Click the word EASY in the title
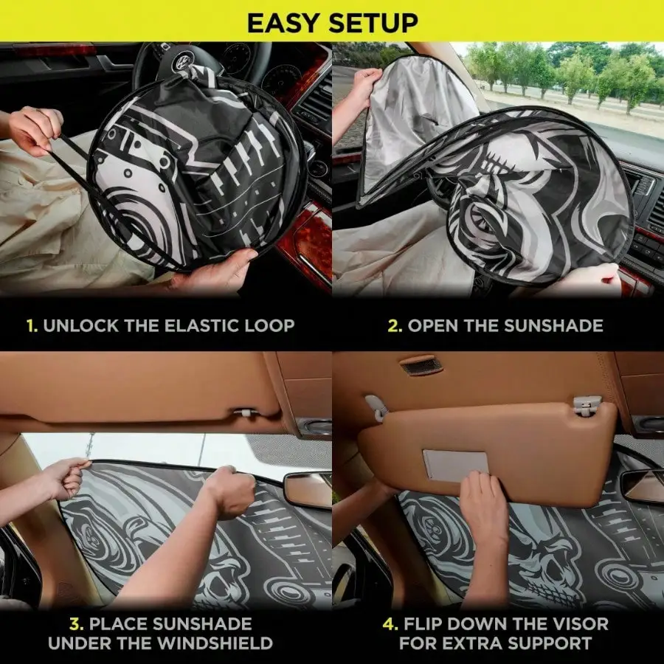click(284, 22)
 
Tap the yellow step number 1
click(31, 325)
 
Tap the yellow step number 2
click(395, 325)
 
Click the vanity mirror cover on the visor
click(455, 466)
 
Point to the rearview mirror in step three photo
click(307, 488)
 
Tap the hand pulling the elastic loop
click(33, 129)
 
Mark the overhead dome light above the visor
click(422, 364)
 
